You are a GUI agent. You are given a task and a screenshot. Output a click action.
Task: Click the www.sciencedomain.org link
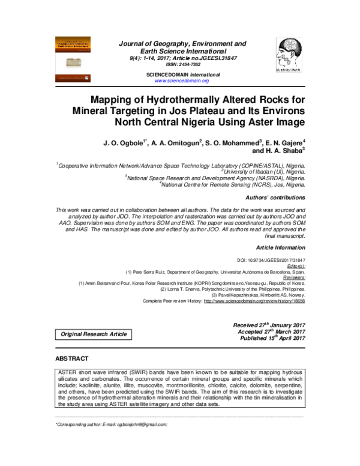pyautogui.click(x=182, y=80)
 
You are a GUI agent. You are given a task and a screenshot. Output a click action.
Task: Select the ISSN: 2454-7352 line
pyautogui.click(x=182, y=64)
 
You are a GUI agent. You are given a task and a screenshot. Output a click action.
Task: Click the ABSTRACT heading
pyautogui.click(x=72, y=359)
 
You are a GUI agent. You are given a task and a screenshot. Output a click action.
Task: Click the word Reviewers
pyautogui.click(x=292, y=277)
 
